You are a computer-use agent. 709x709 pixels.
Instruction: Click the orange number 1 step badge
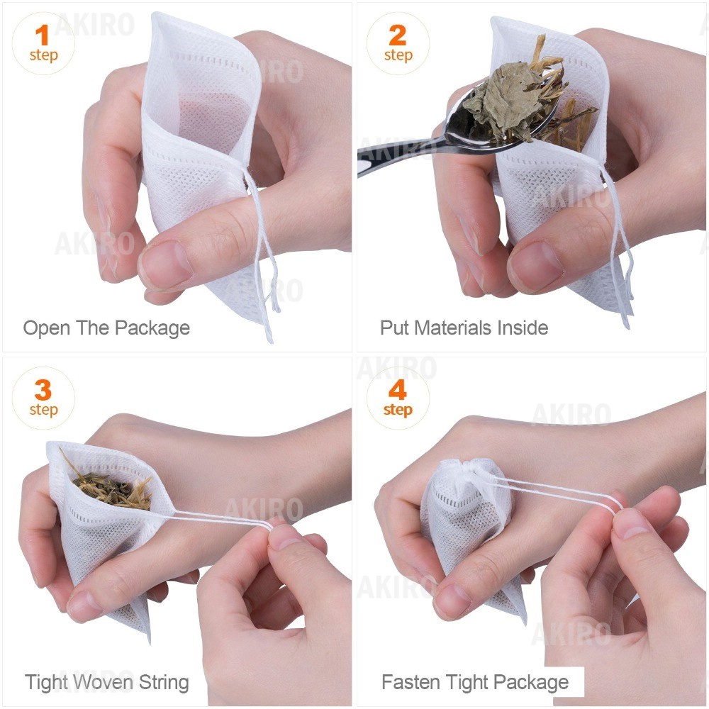point(43,43)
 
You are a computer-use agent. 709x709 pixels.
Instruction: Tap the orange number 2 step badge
point(398,43)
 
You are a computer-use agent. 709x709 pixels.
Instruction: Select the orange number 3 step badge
point(43,398)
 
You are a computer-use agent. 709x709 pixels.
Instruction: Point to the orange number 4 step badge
point(398,398)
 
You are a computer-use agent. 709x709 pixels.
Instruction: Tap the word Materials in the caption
point(452,328)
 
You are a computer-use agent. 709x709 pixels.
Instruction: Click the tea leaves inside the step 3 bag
point(111,486)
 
